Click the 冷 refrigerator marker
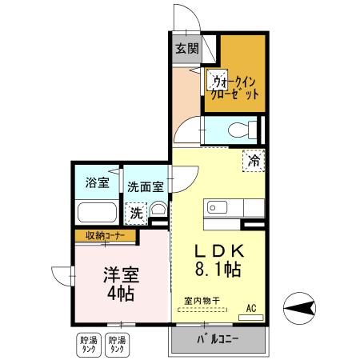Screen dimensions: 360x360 [254, 160]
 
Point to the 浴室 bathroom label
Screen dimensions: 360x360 [97, 183]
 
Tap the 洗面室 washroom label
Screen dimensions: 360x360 [146, 186]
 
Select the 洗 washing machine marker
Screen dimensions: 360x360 [136, 214]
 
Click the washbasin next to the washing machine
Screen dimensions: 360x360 [158, 210]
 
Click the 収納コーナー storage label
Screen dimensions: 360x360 [105, 236]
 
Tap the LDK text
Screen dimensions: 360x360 [214, 250]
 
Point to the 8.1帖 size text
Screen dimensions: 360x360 [214, 270]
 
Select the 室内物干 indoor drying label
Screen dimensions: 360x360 [202, 301]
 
